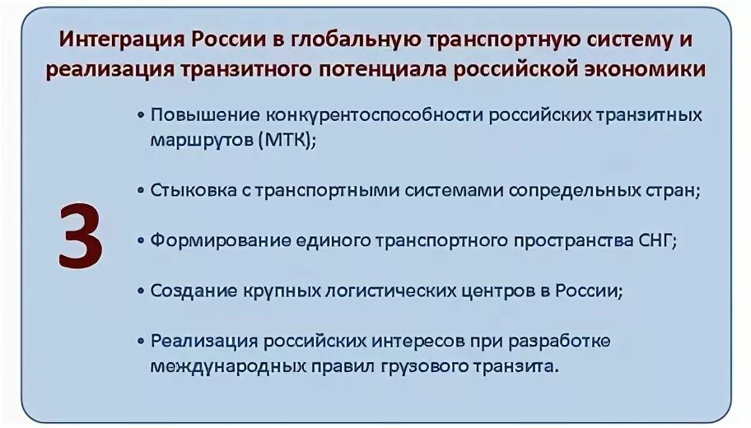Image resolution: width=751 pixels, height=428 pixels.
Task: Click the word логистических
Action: click(x=394, y=291)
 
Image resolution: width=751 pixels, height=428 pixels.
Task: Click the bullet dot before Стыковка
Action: click(x=141, y=190)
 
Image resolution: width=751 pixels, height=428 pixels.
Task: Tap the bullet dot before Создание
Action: click(x=141, y=291)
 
